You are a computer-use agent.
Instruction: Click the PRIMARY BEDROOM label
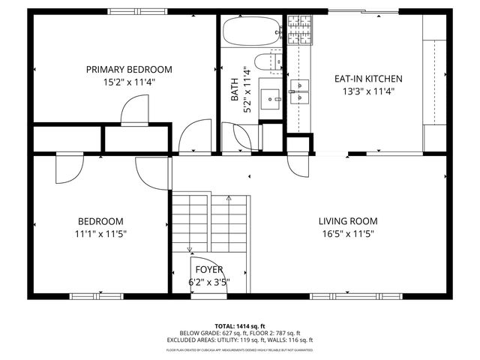tap(129, 70)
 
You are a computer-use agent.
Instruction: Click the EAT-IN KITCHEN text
tap(368, 78)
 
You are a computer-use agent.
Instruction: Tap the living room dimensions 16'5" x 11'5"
tap(347, 233)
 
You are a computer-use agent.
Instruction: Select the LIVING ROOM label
tap(347, 221)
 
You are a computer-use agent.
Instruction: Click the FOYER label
tap(208, 270)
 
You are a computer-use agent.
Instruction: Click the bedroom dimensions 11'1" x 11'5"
tap(100, 233)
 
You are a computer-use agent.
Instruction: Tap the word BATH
tap(235, 89)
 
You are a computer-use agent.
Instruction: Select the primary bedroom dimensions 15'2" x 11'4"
tap(129, 82)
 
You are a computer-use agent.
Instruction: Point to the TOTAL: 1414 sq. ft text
tap(240, 326)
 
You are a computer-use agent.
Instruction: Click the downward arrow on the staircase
tap(190, 248)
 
